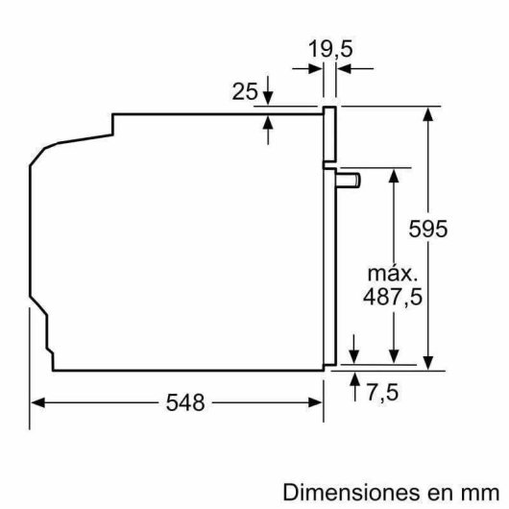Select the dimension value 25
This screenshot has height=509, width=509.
click(x=245, y=92)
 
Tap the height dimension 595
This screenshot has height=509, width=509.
click(x=452, y=230)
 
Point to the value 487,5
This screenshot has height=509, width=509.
click(x=390, y=297)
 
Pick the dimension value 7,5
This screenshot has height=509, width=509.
click(x=382, y=392)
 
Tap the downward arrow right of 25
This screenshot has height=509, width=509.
click(x=267, y=97)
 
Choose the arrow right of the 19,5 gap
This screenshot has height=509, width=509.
click(x=347, y=68)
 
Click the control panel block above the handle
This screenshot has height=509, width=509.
click(x=331, y=134)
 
